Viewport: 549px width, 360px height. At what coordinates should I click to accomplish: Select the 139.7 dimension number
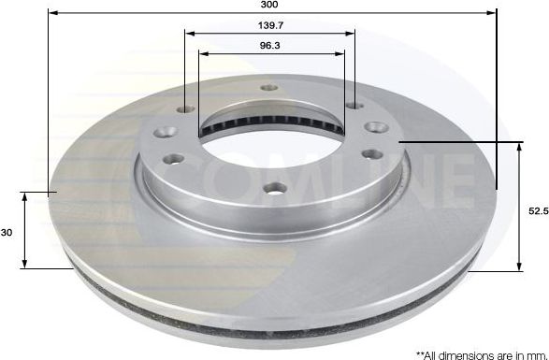pos(271,25)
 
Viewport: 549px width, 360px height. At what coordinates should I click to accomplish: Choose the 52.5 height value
pos(537,212)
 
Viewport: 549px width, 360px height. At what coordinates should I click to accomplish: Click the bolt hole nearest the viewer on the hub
pos(274,188)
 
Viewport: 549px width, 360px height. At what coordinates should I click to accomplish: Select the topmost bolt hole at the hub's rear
pos(269,87)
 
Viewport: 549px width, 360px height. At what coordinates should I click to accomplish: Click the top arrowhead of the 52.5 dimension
pos(520,147)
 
